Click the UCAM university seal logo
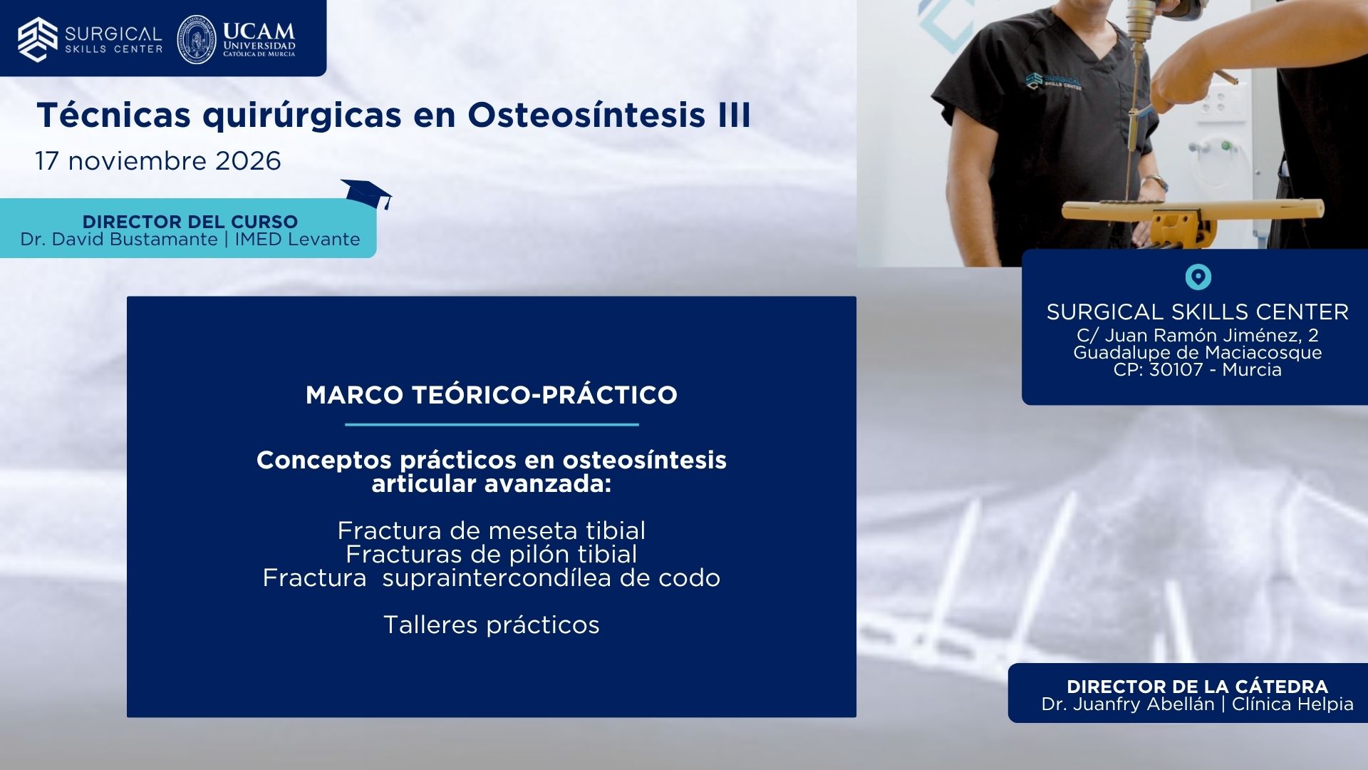[197, 39]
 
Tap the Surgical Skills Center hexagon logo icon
[38, 39]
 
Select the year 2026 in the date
[248, 161]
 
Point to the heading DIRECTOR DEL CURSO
[190, 222]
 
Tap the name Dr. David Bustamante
[119, 240]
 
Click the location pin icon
[1198, 277]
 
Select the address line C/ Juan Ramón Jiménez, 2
[1198, 335]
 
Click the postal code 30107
[1176, 370]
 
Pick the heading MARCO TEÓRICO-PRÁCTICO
[492, 395]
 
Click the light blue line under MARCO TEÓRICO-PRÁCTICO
[492, 425]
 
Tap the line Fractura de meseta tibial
[492, 530]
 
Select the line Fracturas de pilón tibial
[492, 554]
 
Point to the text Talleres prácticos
[492, 625]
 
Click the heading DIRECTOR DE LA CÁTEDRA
[1198, 687]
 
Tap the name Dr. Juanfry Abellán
[1128, 704]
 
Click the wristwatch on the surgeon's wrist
[1156, 184]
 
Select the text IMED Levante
[297, 240]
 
